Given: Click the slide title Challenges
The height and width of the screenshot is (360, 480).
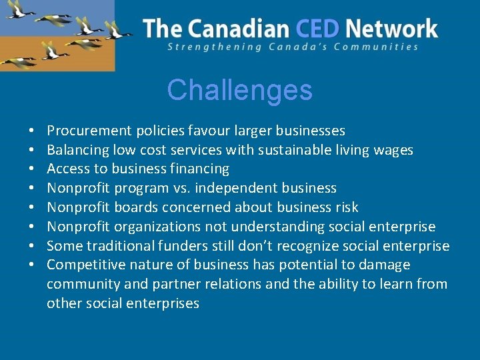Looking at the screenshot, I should point(239,90).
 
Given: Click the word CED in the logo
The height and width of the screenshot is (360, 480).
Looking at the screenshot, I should point(318,29).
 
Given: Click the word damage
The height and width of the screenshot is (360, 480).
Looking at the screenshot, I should point(384,265).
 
